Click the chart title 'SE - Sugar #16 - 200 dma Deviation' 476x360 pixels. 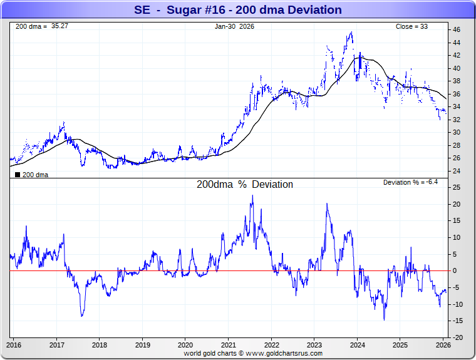point(238,10)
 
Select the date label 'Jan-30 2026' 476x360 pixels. point(234,26)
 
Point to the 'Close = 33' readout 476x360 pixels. point(411,26)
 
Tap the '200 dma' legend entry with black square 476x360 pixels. point(31,175)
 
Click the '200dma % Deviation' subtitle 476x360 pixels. point(245,185)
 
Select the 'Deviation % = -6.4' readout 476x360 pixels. point(410,182)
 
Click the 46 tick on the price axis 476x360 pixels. point(457,29)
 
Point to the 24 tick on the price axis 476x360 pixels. point(457,171)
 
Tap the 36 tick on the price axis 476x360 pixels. point(457,94)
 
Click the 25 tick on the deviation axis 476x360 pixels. point(457,188)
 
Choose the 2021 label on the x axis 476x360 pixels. point(228,345)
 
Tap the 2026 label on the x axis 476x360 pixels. point(443,345)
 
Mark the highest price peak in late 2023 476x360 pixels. point(351,33)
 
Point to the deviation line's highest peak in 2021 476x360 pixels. point(252,195)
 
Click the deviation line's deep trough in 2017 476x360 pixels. point(82,316)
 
